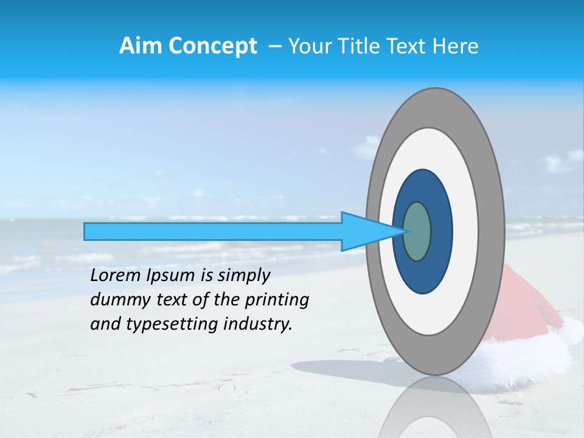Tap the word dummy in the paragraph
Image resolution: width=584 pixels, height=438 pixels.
point(116,301)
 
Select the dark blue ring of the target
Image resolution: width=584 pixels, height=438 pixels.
point(441,231)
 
